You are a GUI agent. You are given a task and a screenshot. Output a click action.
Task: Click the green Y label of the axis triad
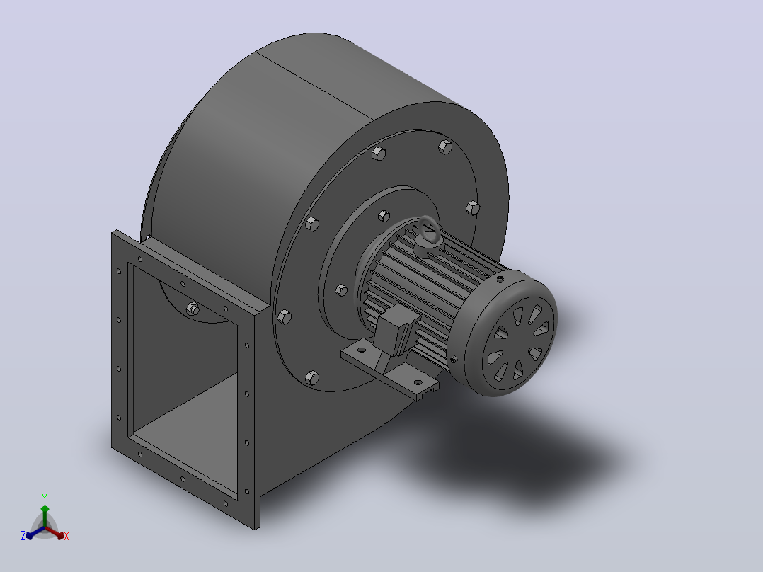pyautogui.click(x=45, y=498)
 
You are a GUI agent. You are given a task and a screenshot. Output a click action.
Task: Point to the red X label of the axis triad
pyautogui.click(x=67, y=536)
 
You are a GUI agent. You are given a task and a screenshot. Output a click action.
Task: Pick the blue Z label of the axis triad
pyautogui.click(x=23, y=535)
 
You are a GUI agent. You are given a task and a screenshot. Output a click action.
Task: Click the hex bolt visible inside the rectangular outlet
pyautogui.click(x=193, y=309)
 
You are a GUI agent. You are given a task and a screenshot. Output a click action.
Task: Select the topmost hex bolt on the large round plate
pyautogui.click(x=445, y=147)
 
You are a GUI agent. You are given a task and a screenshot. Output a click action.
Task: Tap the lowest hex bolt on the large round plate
pyautogui.click(x=312, y=378)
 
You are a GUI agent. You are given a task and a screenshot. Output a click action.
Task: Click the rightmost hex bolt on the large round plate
pyautogui.click(x=473, y=208)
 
